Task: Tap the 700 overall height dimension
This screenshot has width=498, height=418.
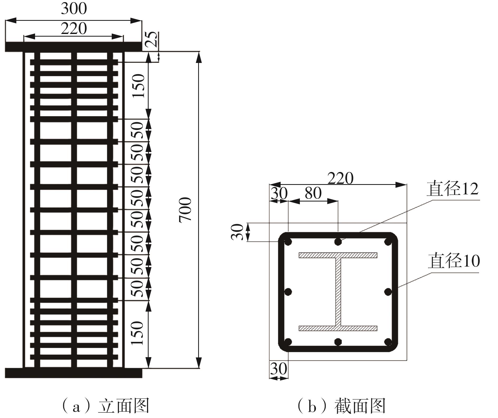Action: coord(185,210)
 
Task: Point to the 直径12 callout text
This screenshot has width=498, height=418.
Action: coord(452,189)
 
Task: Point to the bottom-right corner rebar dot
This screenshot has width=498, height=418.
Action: coord(388,342)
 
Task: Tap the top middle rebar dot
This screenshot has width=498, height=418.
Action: coord(338,242)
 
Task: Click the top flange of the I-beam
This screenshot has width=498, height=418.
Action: coord(338,255)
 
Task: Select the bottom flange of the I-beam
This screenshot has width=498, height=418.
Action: coord(338,328)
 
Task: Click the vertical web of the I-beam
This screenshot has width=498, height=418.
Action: coord(338,292)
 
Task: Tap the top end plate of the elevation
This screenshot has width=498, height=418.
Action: coord(74,47)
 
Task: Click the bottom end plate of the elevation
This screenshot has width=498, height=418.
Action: coord(74,373)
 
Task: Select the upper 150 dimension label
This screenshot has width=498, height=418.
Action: coord(139,86)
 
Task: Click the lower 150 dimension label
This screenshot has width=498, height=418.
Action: coord(138,333)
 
